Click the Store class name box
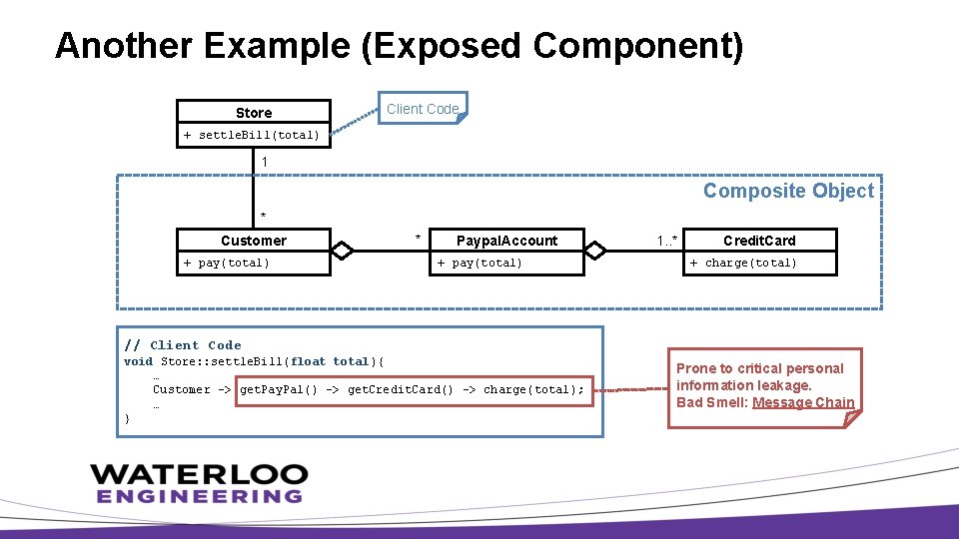point(254,112)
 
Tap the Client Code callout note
point(423,109)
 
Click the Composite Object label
point(788,191)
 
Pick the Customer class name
point(254,241)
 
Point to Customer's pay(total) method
point(227,263)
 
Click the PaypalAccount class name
point(506,241)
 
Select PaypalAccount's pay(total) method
point(479,263)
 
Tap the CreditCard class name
point(759,241)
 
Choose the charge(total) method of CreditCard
point(744,263)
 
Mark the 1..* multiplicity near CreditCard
point(667,240)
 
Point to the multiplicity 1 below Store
point(264,161)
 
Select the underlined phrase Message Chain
point(803,402)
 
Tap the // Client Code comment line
point(183,345)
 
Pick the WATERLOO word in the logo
point(199,473)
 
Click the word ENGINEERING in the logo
point(199,495)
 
